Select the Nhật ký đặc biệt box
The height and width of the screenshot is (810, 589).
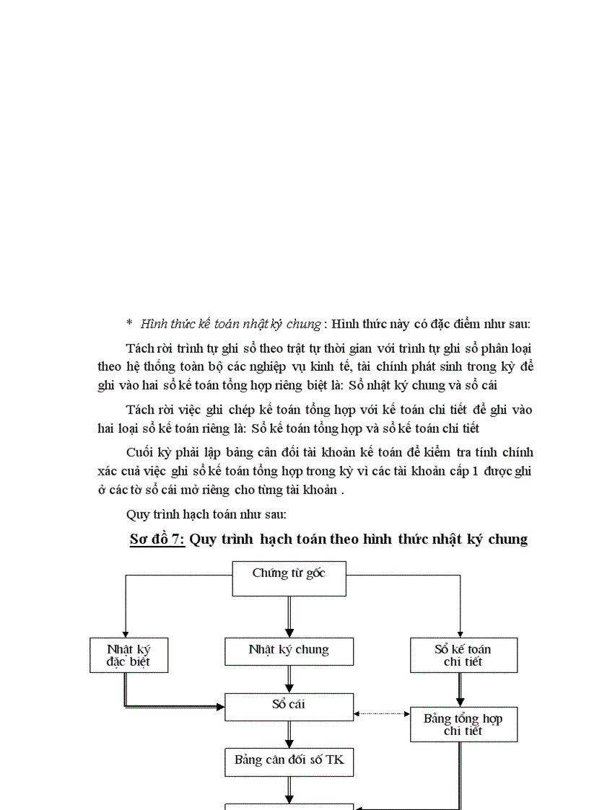click(x=128, y=655)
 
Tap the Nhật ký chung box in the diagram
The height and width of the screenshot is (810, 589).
click(x=289, y=651)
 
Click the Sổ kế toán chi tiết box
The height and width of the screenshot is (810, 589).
click(x=463, y=655)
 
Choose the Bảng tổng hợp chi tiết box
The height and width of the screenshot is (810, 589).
click(x=463, y=724)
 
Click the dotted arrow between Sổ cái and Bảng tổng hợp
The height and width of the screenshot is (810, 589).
click(x=382, y=714)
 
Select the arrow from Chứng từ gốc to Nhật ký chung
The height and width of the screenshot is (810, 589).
click(x=289, y=617)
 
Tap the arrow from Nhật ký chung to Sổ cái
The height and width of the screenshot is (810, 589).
click(x=289, y=679)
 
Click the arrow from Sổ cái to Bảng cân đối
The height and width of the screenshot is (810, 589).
click(x=289, y=734)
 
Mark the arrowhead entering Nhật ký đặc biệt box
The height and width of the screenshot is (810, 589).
click(x=126, y=633)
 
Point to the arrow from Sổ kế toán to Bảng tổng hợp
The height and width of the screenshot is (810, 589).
click(x=460, y=690)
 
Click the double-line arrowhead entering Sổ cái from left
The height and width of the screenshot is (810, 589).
click(x=219, y=707)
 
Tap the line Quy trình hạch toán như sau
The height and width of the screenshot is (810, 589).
click(x=206, y=515)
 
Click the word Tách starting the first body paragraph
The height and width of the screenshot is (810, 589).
click(x=140, y=348)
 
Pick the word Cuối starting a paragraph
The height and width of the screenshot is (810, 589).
click(x=141, y=453)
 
